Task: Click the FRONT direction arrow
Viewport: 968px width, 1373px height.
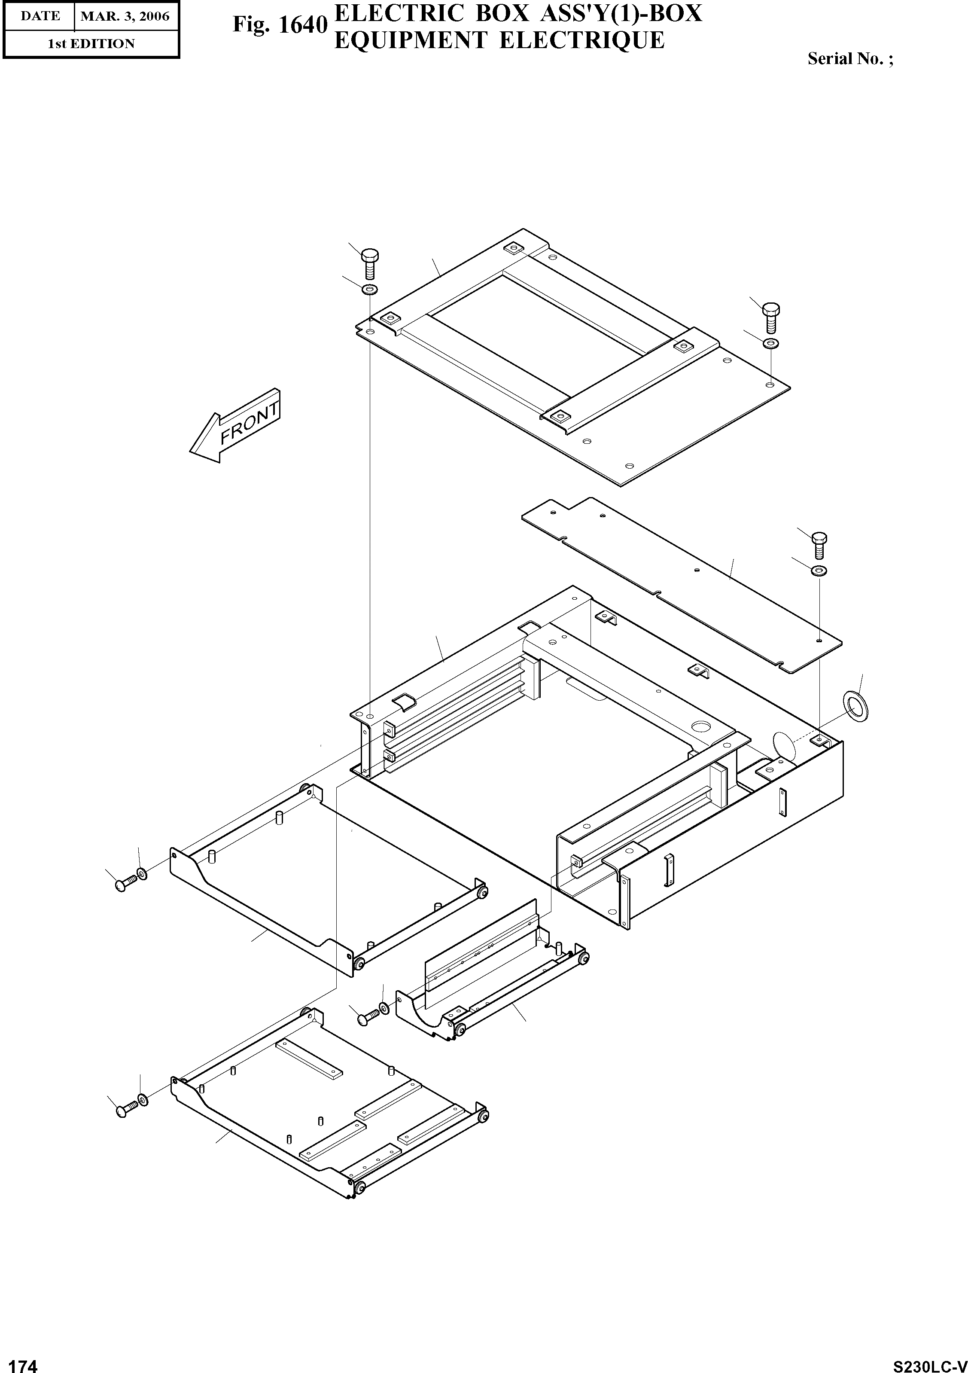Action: [x=235, y=425]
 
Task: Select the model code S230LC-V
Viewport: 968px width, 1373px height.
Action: [x=929, y=1365]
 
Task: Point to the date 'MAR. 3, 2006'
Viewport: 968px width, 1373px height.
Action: [x=125, y=16]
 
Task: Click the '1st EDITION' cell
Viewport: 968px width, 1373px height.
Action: [x=91, y=44]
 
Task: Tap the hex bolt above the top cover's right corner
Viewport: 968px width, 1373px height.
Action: [x=771, y=317]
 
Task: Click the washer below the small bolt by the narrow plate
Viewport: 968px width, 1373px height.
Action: [x=819, y=571]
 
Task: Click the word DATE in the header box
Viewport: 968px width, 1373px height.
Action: [x=40, y=16]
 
